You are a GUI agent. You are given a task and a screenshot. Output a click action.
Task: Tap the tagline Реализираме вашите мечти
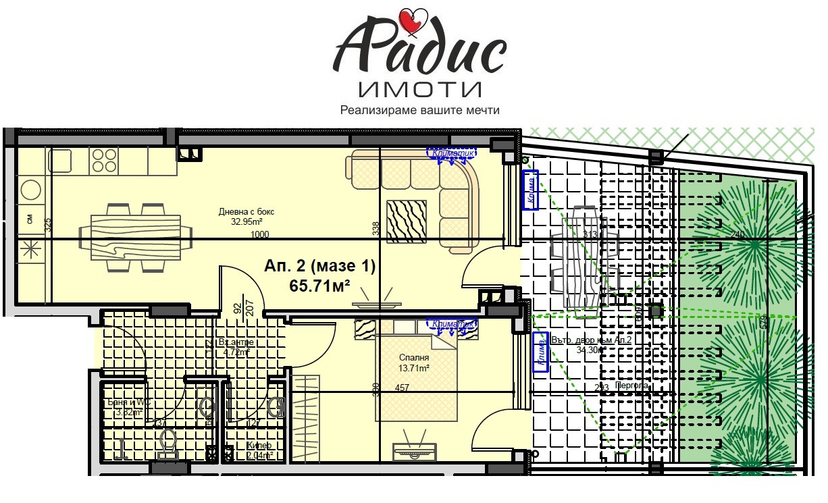(x=419, y=110)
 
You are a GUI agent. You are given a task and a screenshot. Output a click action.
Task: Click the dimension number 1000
(x=260, y=235)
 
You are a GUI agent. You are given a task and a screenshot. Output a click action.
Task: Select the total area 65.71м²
(x=319, y=285)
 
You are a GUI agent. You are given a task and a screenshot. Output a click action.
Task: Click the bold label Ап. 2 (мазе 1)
(x=319, y=267)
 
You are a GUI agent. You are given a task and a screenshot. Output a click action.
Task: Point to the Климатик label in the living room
(x=450, y=153)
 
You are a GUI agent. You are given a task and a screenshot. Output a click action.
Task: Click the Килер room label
(x=259, y=446)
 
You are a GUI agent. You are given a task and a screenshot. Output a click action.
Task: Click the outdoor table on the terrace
(x=580, y=260)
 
